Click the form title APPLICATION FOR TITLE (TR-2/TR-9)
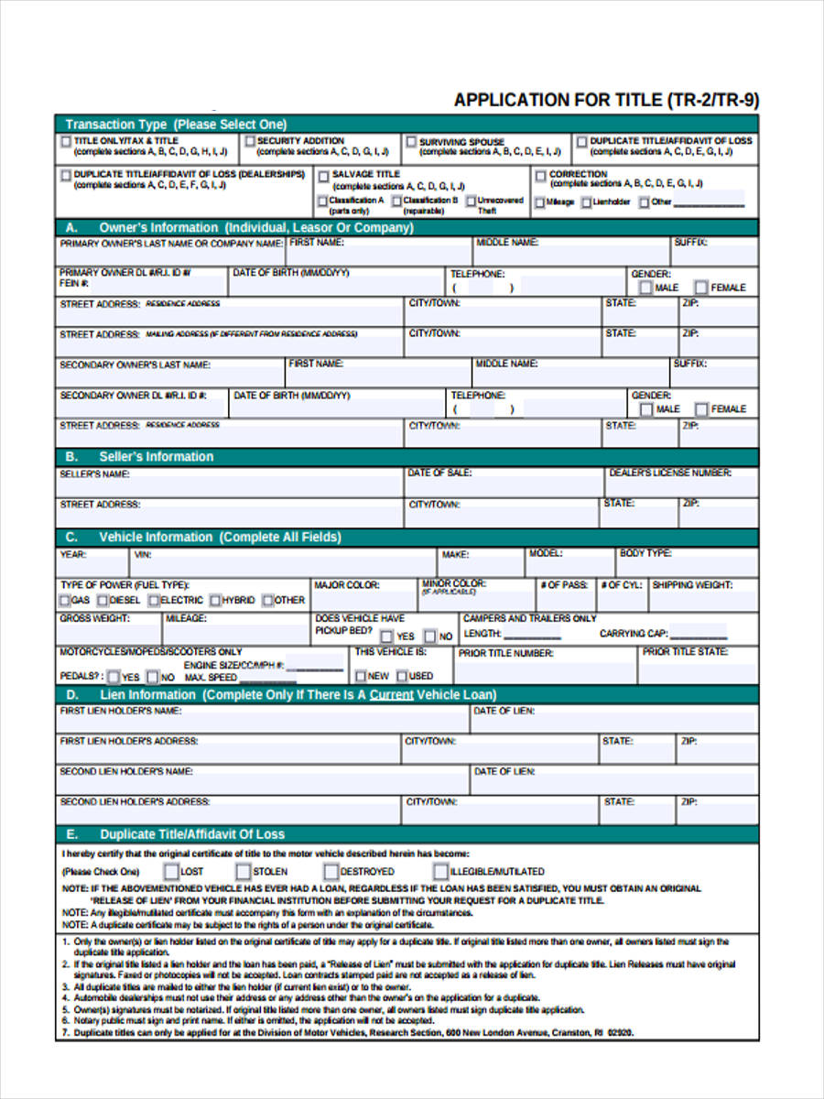606,101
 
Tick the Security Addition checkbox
249,142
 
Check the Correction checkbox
540,174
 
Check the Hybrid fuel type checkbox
214,601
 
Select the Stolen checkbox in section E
243,871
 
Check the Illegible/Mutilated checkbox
440,871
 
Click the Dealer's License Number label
670,473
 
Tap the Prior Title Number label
505,653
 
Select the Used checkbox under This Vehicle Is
403,676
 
